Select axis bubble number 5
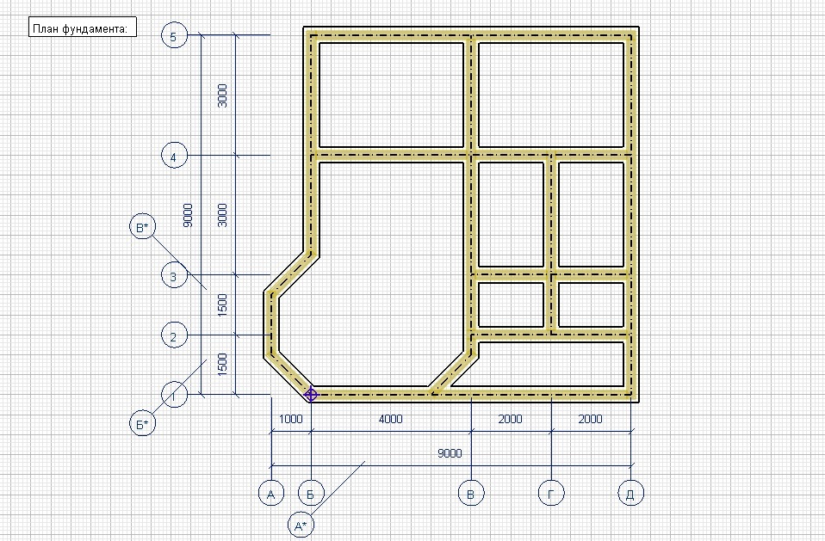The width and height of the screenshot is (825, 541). (x=174, y=36)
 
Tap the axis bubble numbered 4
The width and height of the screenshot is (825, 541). (x=174, y=156)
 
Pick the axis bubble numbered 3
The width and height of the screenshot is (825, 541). (x=174, y=275)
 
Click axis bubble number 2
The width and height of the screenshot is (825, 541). (x=174, y=335)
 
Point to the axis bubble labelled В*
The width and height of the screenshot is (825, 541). (x=143, y=227)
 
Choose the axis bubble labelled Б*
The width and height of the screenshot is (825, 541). (x=143, y=423)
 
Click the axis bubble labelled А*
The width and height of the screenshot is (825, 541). (x=301, y=525)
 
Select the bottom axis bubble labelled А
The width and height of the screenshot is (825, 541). (x=271, y=493)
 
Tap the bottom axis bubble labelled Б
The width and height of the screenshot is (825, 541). (x=311, y=493)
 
